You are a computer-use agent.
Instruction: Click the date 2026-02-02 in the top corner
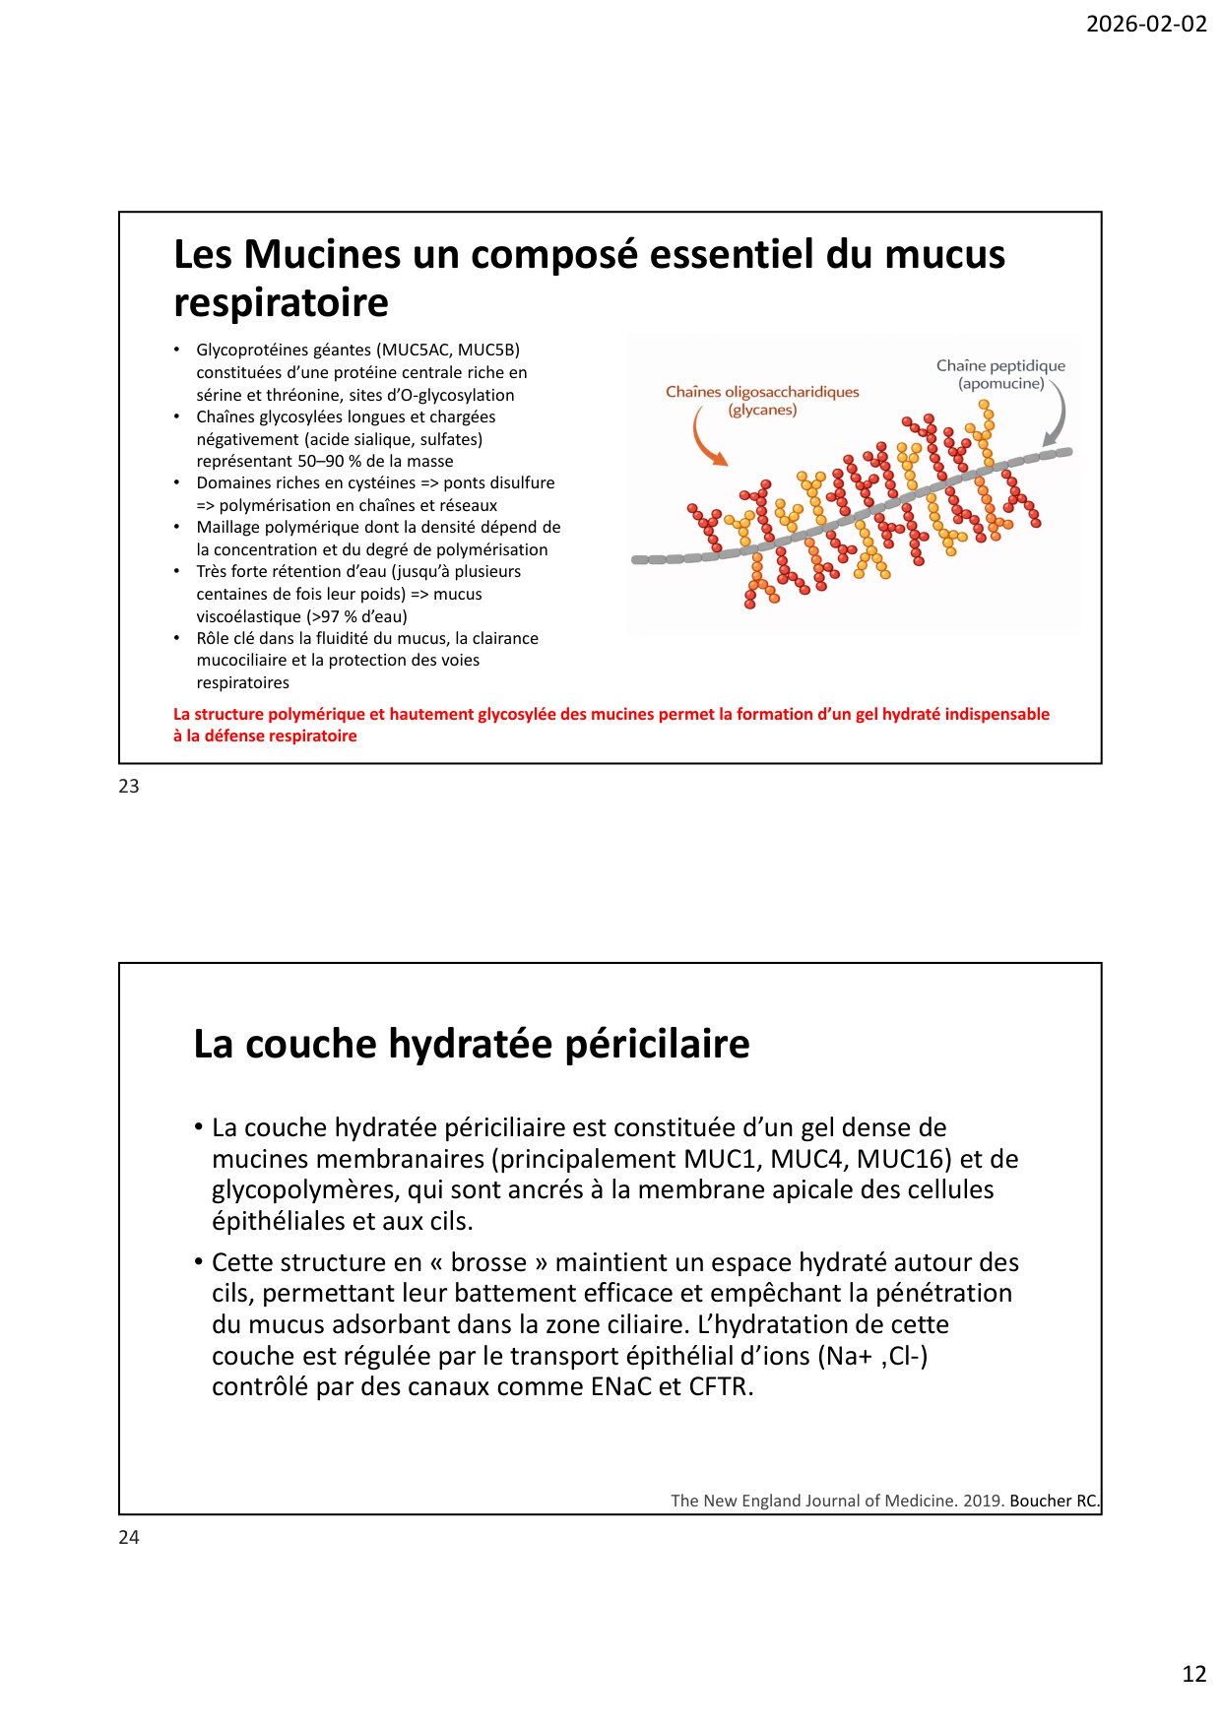[1145, 24]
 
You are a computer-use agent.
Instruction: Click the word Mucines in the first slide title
[322, 254]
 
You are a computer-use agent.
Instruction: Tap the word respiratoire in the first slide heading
[281, 302]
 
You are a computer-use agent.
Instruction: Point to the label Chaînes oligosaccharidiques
[762, 392]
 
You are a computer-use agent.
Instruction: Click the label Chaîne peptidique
[1000, 365]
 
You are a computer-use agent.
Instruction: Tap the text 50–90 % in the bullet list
[329, 461]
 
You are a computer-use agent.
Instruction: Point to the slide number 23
[129, 786]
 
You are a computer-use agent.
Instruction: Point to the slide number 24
[129, 1537]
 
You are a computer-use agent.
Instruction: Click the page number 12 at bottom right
[1193, 1674]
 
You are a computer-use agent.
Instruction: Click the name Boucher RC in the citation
[1053, 1501]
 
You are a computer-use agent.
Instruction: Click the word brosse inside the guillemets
[488, 1262]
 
